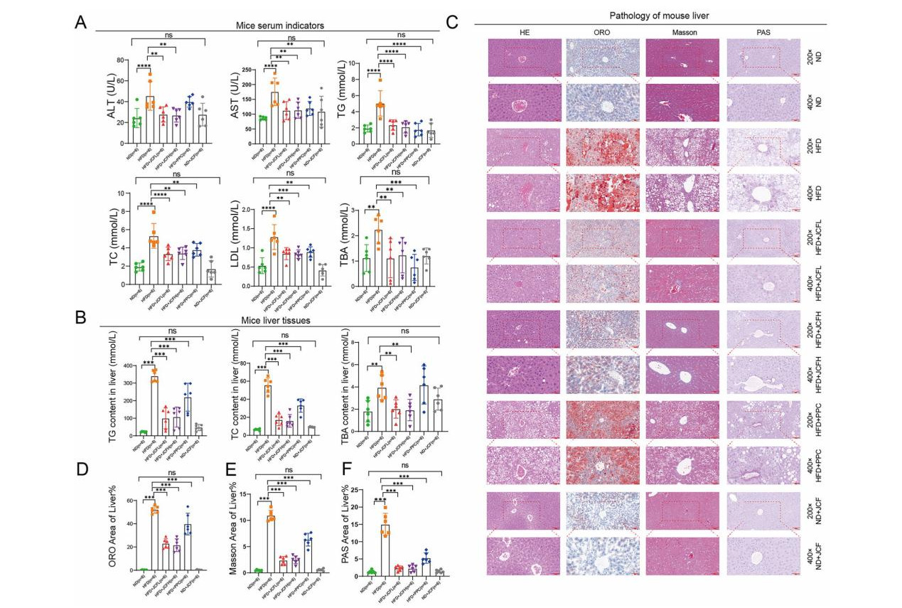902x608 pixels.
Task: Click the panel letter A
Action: coord(81,22)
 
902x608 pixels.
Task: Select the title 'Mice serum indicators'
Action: coord(280,26)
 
